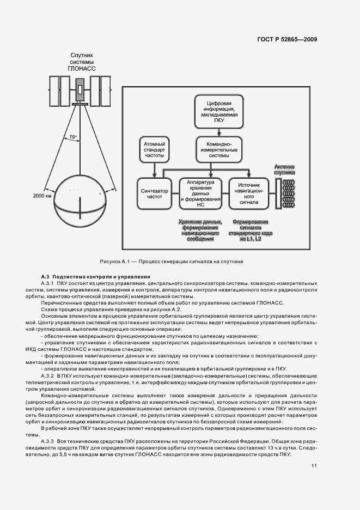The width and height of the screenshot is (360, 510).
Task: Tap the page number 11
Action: click(x=314, y=465)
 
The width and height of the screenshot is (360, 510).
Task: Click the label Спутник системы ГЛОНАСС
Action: click(x=81, y=63)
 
